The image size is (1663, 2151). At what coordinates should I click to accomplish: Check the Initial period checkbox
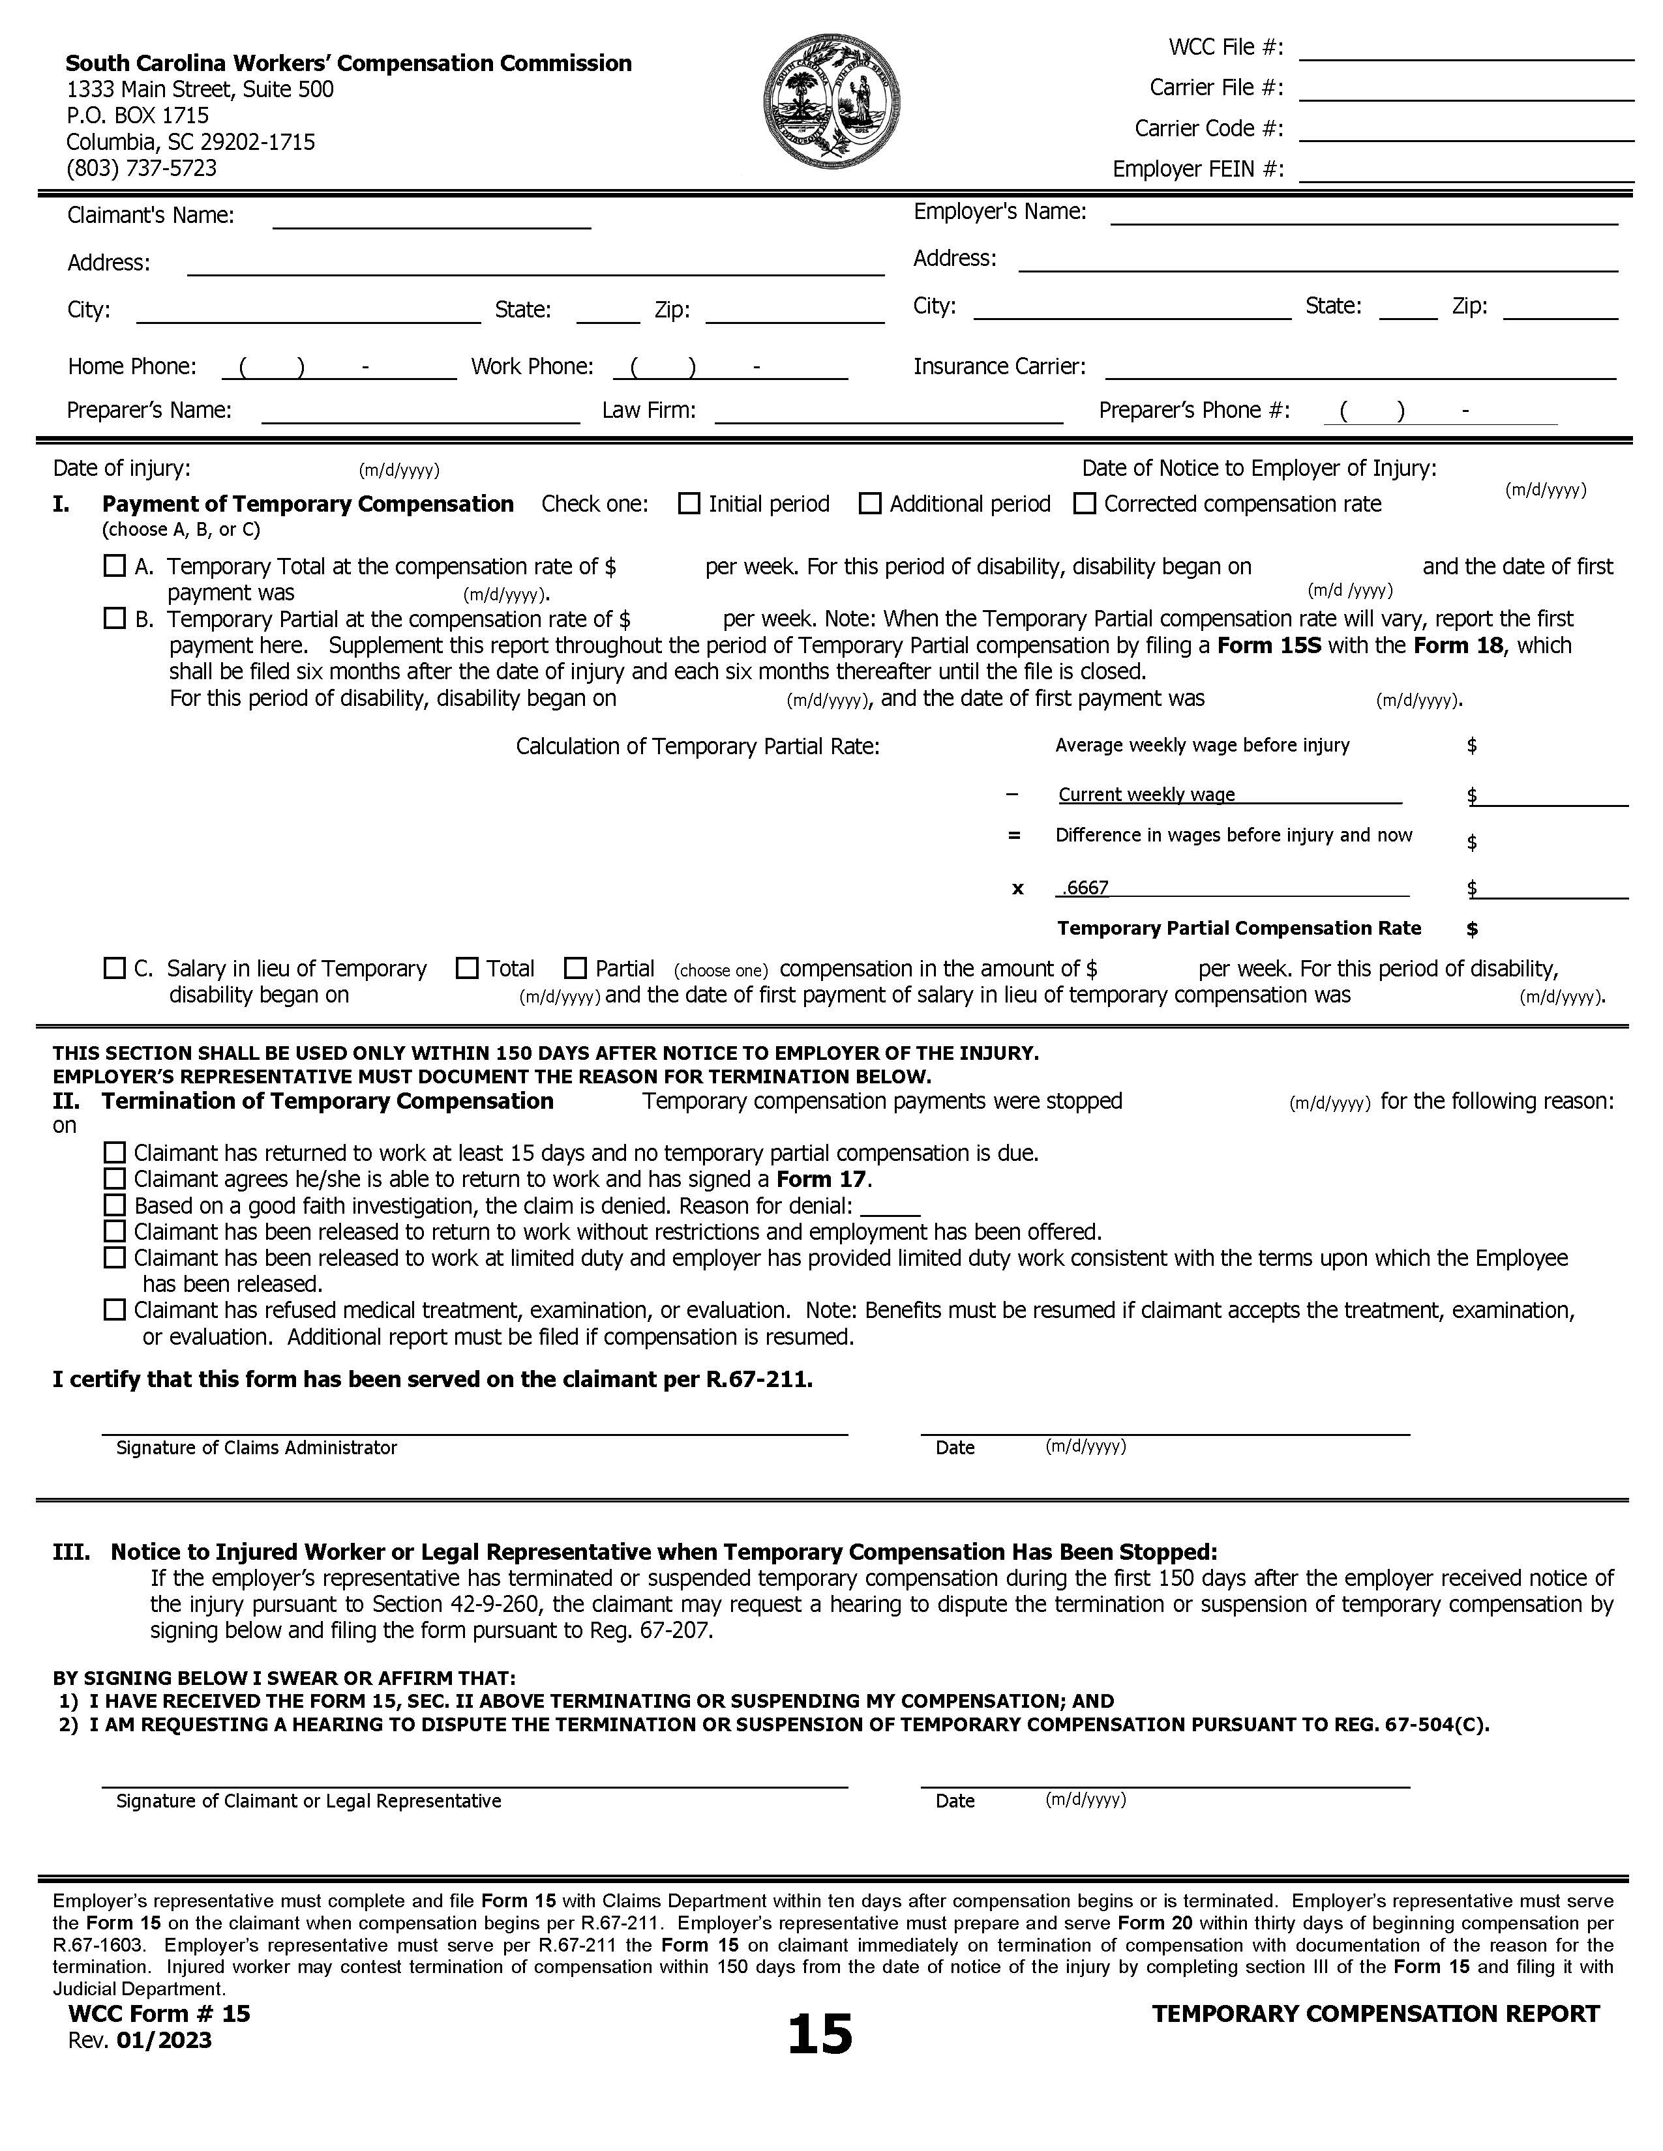pyautogui.click(x=689, y=503)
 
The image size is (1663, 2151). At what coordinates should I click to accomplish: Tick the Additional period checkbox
pyautogui.click(x=870, y=503)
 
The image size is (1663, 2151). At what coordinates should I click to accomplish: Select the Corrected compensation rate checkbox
pyautogui.click(x=1085, y=503)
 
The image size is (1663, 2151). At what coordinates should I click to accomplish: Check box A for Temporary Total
pyautogui.click(x=115, y=565)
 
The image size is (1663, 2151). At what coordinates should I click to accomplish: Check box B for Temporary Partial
pyautogui.click(x=115, y=619)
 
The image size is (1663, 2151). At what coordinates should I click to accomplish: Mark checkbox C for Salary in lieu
pyautogui.click(x=115, y=968)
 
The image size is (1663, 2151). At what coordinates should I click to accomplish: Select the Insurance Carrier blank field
pyautogui.click(x=1360, y=370)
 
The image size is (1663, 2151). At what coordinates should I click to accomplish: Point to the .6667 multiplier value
pyautogui.click(x=1086, y=887)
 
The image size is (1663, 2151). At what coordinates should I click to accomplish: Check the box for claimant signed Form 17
pyautogui.click(x=115, y=1179)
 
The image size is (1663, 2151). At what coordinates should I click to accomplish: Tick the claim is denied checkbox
pyautogui.click(x=115, y=1205)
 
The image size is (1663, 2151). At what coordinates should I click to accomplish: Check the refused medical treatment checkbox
pyautogui.click(x=115, y=1310)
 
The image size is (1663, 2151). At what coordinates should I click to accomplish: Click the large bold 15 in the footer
pyautogui.click(x=820, y=2035)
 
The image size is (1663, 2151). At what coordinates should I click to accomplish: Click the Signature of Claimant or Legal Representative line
pyautogui.click(x=474, y=1779)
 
